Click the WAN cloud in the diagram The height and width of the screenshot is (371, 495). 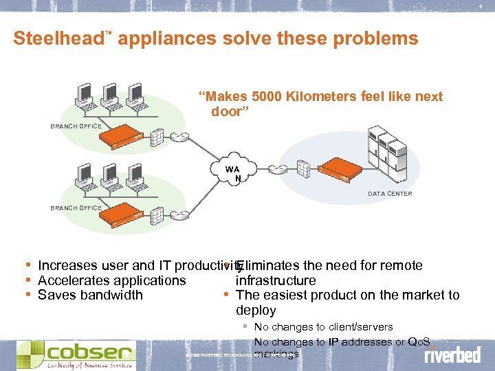(232, 172)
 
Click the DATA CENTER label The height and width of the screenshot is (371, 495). (389, 194)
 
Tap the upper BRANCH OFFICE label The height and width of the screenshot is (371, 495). (76, 126)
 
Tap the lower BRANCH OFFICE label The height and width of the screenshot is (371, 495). (76, 207)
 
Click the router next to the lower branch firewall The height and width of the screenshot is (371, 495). (181, 214)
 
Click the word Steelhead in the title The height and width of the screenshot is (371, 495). (57, 38)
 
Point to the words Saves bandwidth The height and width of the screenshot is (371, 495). (90, 295)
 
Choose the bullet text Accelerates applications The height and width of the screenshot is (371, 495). (111, 280)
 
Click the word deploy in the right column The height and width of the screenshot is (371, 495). (256, 311)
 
